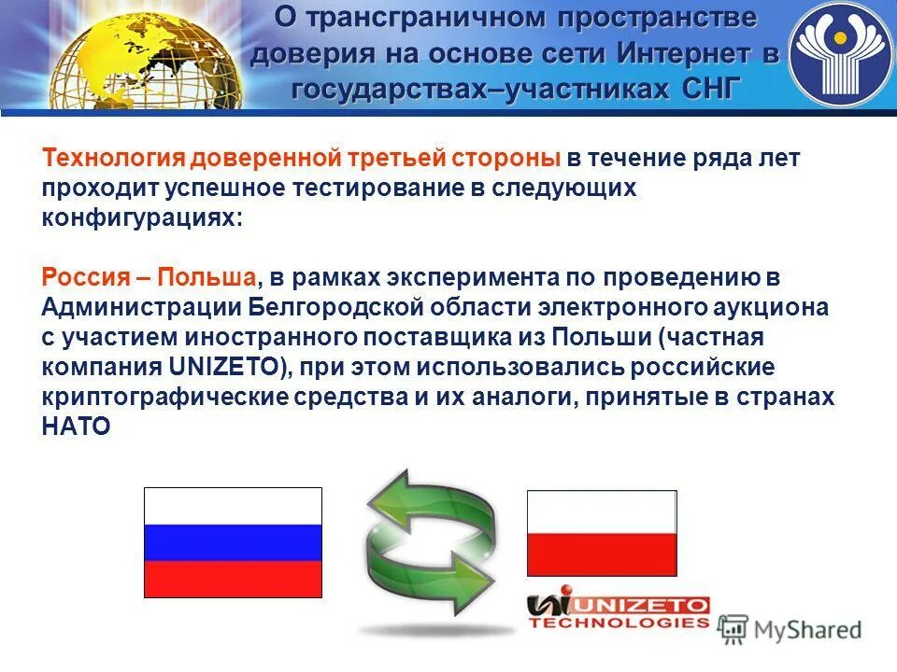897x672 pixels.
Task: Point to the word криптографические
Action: [159, 397]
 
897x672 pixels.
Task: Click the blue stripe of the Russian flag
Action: [233, 542]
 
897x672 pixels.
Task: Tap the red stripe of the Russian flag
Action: [233, 579]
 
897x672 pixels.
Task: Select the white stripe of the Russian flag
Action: [233, 506]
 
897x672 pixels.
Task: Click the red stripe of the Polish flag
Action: [602, 554]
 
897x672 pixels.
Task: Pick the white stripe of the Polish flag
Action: [602, 512]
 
